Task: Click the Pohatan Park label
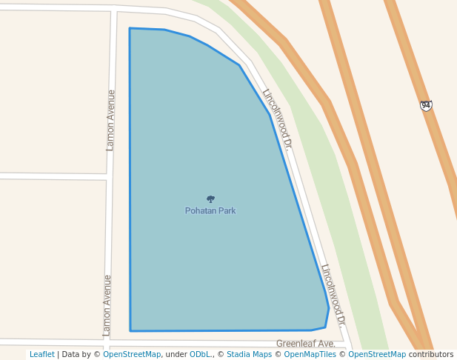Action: coord(210,211)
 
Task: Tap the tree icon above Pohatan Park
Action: coord(210,199)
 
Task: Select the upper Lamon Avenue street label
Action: coord(110,120)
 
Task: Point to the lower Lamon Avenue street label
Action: coord(107,305)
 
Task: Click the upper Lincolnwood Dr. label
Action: coord(278,119)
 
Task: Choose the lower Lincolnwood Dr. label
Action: coord(333,296)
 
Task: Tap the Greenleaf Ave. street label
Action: coord(306,344)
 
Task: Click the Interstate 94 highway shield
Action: coord(426,106)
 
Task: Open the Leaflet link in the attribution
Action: coord(42,355)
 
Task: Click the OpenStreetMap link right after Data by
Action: coord(132,355)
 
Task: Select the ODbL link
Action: coord(201,355)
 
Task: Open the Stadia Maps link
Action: coord(249,355)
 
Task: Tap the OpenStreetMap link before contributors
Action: coord(377,355)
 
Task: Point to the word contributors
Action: coord(430,355)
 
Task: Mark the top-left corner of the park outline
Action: coord(130,29)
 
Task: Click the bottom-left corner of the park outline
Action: coord(130,331)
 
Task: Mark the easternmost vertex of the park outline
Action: coord(329,308)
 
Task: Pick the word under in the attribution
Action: coord(176,355)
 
